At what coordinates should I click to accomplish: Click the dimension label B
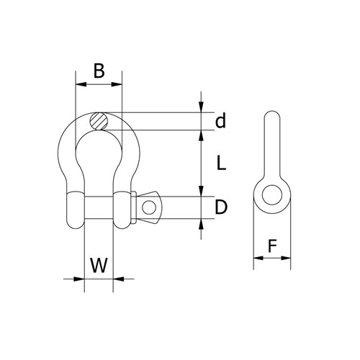click(99, 71)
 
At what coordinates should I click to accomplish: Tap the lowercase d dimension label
click(221, 120)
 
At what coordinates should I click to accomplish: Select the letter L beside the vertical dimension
click(222, 163)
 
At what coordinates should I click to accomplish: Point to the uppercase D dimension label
click(222, 207)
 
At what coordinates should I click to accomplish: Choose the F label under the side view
click(272, 246)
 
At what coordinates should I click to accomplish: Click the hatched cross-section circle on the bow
click(99, 121)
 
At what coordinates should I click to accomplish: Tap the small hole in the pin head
click(150, 207)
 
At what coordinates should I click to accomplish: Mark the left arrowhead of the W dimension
click(80, 278)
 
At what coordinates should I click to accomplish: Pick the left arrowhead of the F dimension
click(256, 257)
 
